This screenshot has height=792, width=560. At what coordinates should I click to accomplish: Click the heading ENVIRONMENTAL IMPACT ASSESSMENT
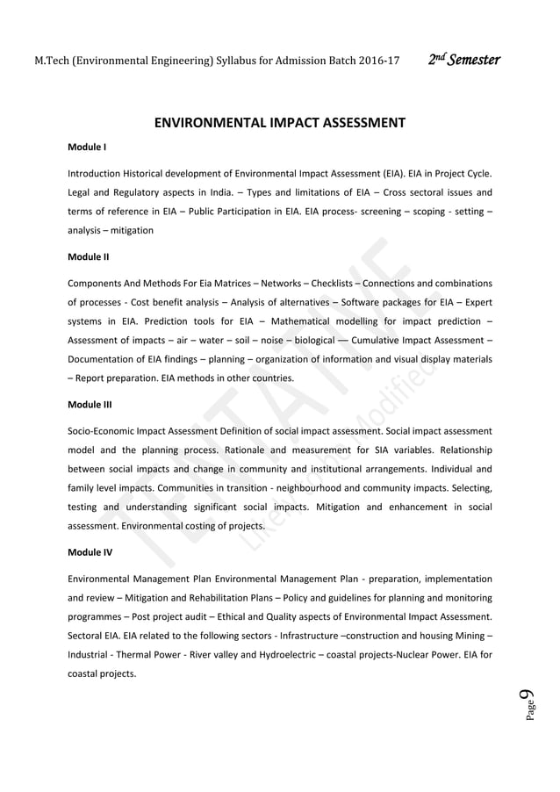[279, 123]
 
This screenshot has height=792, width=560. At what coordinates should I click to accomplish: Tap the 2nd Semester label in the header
[464, 61]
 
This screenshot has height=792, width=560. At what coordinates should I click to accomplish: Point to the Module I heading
[87, 146]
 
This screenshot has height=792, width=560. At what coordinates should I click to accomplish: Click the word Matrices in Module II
[224, 284]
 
